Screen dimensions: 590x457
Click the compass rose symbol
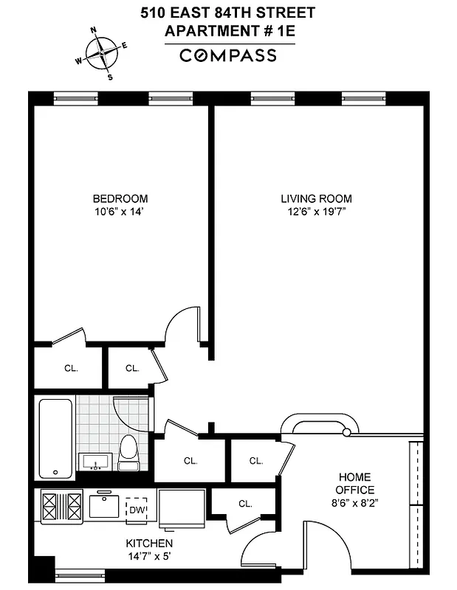tap(102, 52)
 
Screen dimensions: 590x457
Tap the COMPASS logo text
tap(229, 55)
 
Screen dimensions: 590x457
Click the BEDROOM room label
tap(120, 198)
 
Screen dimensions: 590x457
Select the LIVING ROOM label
tap(316, 198)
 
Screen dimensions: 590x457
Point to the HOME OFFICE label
tap(354, 484)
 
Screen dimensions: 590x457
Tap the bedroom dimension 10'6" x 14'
tap(120, 212)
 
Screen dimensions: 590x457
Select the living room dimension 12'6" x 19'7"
tap(316, 212)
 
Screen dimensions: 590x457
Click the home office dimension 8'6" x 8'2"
tap(354, 504)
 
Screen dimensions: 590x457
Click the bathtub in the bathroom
tap(56, 438)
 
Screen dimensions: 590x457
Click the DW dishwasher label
tap(137, 508)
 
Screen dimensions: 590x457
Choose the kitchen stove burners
tap(62, 507)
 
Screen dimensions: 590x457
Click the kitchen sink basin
tap(104, 506)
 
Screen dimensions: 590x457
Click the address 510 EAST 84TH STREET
tap(228, 13)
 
